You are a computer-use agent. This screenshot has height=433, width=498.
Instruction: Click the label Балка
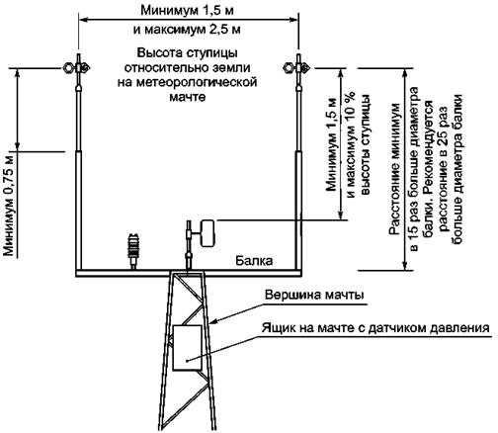pyautogui.click(x=254, y=261)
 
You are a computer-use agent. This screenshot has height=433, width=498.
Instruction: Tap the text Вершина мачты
pyautogui.click(x=314, y=295)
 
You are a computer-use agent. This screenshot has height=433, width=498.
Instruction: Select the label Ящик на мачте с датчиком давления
pyautogui.click(x=374, y=328)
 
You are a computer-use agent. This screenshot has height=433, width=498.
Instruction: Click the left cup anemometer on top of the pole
pyautogui.click(x=77, y=68)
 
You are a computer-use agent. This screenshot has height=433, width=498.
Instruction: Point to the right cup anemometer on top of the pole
pyautogui.click(x=296, y=68)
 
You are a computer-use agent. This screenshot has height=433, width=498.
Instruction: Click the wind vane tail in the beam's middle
pyautogui.click(x=207, y=233)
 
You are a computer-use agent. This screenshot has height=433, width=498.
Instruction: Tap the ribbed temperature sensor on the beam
pyautogui.click(x=133, y=250)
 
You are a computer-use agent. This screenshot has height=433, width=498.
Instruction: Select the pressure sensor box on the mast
pyautogui.click(x=187, y=348)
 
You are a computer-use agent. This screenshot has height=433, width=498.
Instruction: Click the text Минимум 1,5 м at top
pyautogui.click(x=187, y=11)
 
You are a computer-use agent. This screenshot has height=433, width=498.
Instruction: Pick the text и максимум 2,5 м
pyautogui.click(x=187, y=30)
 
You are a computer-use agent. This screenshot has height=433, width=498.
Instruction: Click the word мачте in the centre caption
pyautogui.click(x=188, y=97)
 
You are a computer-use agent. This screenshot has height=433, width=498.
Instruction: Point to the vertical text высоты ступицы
pyautogui.click(x=366, y=144)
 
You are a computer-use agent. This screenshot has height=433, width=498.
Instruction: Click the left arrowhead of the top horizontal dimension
pyautogui.click(x=83, y=20)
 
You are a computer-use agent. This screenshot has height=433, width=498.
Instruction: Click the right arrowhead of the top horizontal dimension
pyautogui.click(x=293, y=20)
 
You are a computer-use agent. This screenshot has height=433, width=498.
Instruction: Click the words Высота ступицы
pyautogui.click(x=187, y=53)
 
